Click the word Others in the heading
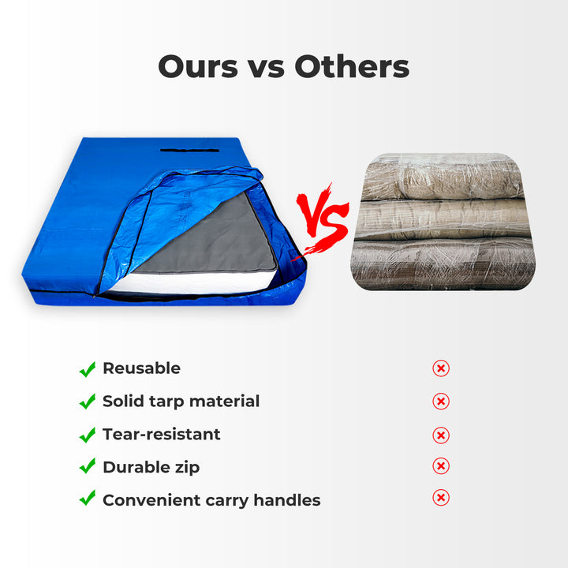(352, 66)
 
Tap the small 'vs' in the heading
(267, 68)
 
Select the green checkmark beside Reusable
(88, 368)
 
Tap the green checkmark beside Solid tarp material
(88, 402)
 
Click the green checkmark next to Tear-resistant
(88, 435)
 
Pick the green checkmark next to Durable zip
(88, 467)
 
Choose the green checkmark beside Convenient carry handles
(88, 499)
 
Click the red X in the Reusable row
(441, 368)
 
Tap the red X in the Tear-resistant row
(441, 435)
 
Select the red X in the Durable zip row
(441, 466)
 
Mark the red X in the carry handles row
(441, 498)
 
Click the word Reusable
(141, 368)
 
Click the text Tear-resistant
(161, 435)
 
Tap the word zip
(186, 468)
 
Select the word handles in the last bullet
(288, 500)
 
